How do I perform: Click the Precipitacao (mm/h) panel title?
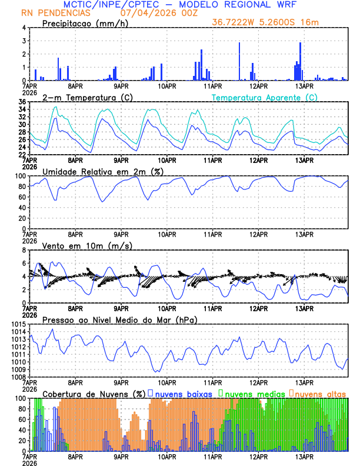pyautogui.click(x=85, y=23)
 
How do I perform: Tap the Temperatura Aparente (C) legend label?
pyautogui.click(x=265, y=97)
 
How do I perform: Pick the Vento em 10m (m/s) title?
pyautogui.click(x=81, y=245)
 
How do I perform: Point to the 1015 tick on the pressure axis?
pyautogui.click(x=16, y=325)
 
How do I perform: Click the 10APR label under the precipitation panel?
pyautogui.click(x=166, y=86)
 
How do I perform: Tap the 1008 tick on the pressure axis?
pyautogui.click(x=16, y=377)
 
